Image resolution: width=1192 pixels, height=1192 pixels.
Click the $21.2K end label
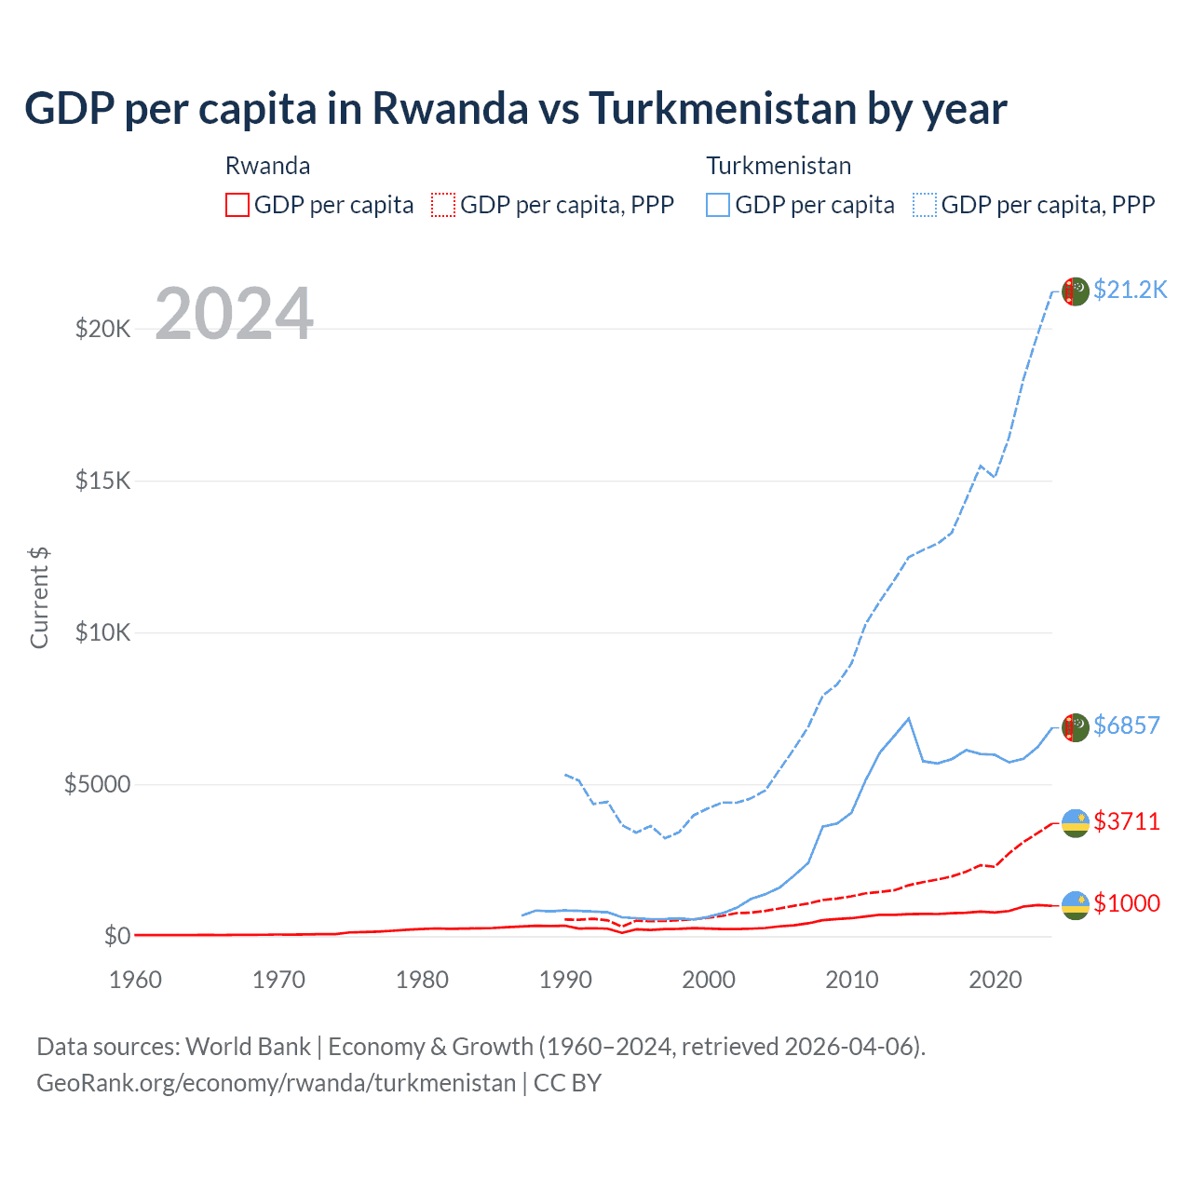click(1130, 290)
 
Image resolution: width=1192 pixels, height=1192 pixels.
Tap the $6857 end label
click(1126, 725)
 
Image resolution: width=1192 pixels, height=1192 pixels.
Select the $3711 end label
click(1126, 821)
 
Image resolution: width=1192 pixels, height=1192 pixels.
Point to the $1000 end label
click(1126, 903)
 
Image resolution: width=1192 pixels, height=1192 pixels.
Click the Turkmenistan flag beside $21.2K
click(1076, 291)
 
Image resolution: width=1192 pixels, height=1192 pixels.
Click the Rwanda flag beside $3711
click(1076, 823)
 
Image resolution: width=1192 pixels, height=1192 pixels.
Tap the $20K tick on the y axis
click(102, 329)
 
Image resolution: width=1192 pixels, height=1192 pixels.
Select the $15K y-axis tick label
click(102, 481)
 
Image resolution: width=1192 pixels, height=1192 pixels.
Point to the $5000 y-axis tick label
click(97, 784)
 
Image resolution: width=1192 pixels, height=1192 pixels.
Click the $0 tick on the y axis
click(116, 936)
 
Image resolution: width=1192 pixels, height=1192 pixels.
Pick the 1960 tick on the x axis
click(135, 980)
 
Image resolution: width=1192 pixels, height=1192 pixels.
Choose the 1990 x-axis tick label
click(565, 980)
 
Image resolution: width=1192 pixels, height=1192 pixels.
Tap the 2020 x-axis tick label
click(996, 980)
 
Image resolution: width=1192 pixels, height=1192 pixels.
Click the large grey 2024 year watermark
click(234, 314)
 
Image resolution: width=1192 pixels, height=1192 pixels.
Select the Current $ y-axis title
click(39, 598)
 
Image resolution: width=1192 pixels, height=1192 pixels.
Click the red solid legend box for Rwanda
click(237, 205)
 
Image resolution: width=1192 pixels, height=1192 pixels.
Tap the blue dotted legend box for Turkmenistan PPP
click(925, 205)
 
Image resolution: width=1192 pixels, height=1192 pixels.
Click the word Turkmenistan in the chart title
click(722, 108)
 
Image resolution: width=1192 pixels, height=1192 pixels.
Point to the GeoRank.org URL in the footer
click(276, 1083)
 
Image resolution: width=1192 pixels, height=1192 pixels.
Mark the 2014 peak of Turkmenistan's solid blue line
click(909, 718)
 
